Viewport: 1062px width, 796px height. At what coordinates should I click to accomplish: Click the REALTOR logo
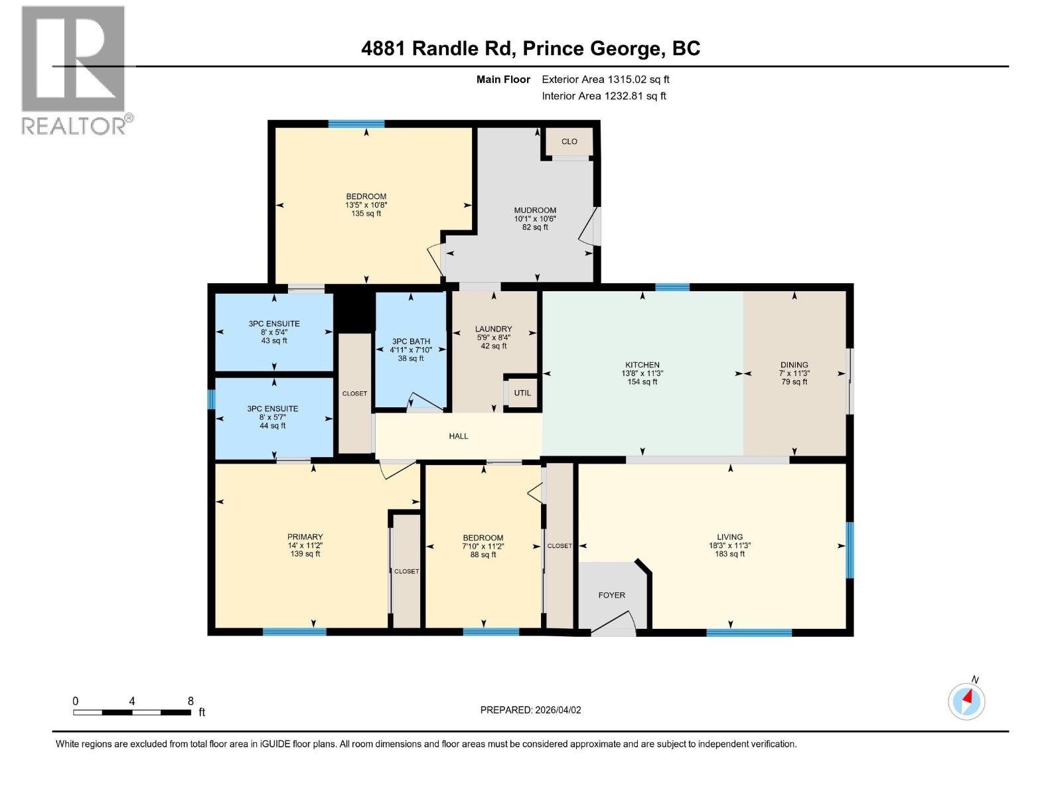(74, 70)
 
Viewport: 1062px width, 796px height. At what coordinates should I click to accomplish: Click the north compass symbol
(966, 701)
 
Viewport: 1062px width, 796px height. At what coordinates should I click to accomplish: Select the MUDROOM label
(535, 210)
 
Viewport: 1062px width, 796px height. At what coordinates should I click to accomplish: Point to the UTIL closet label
(522, 393)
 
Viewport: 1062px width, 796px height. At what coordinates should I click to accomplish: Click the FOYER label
(611, 595)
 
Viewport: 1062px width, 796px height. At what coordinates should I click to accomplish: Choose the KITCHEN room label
(642, 365)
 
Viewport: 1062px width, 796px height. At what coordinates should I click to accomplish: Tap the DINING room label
(794, 365)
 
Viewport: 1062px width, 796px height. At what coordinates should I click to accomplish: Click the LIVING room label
(729, 537)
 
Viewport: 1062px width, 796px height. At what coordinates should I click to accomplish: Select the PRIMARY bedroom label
(305, 537)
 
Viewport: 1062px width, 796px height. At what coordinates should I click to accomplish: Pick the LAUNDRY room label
(493, 329)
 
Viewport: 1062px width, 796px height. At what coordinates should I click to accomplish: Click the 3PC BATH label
(411, 342)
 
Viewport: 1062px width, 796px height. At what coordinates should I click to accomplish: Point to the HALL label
(459, 436)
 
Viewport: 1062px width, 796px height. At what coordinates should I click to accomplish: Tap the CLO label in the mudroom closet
(569, 141)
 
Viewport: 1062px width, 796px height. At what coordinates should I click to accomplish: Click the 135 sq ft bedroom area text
(366, 214)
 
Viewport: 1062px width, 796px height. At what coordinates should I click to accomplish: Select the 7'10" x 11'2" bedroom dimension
(483, 547)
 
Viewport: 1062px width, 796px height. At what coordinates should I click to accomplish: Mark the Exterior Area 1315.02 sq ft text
(605, 80)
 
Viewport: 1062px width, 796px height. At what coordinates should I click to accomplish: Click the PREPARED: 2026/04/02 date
(530, 710)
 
